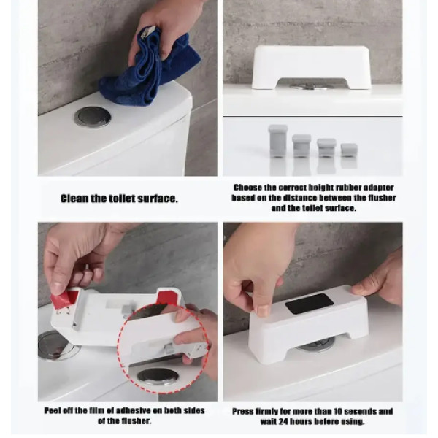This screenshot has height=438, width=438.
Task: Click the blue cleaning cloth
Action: coord(151,70)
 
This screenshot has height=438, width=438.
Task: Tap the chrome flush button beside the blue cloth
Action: coord(93,118)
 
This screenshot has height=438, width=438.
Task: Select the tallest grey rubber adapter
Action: coord(277,141)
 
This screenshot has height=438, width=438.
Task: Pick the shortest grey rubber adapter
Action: coord(349,150)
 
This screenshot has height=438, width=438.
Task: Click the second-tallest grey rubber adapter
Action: coord(301,146)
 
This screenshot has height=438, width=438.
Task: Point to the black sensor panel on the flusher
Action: coord(310,304)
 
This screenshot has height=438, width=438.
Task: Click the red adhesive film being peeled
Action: coord(63,299)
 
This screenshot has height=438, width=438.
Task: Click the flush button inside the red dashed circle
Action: coord(157,375)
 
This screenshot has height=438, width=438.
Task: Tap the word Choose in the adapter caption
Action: coord(247,187)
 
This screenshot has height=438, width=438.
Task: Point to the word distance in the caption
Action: coord(300,198)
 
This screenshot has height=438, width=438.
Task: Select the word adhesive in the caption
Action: coord(137,410)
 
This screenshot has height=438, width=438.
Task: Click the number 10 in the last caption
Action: coord(337,412)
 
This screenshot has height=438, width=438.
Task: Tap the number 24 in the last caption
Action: coord(288,421)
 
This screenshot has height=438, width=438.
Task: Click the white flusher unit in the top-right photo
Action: coord(311,67)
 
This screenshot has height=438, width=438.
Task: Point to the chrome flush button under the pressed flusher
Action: coord(315,345)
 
